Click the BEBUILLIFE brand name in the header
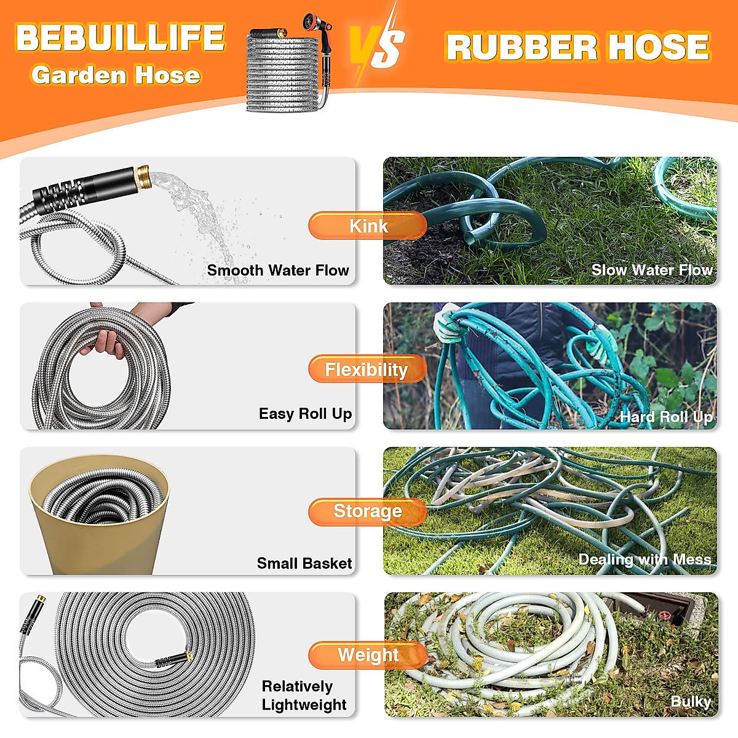click(121, 38)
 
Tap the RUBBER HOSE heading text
click(577, 47)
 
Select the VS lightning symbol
click(376, 46)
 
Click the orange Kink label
click(368, 226)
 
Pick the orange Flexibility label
click(367, 370)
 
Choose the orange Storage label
click(367, 512)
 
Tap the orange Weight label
click(368, 656)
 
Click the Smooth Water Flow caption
click(277, 271)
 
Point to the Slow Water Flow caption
click(651, 270)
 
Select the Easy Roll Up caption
click(305, 414)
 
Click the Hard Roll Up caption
click(666, 418)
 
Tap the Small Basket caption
click(304, 563)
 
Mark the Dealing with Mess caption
click(645, 560)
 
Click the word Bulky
click(691, 702)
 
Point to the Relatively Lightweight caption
click(304, 696)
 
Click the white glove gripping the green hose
click(447, 323)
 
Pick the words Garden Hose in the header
click(116, 76)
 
